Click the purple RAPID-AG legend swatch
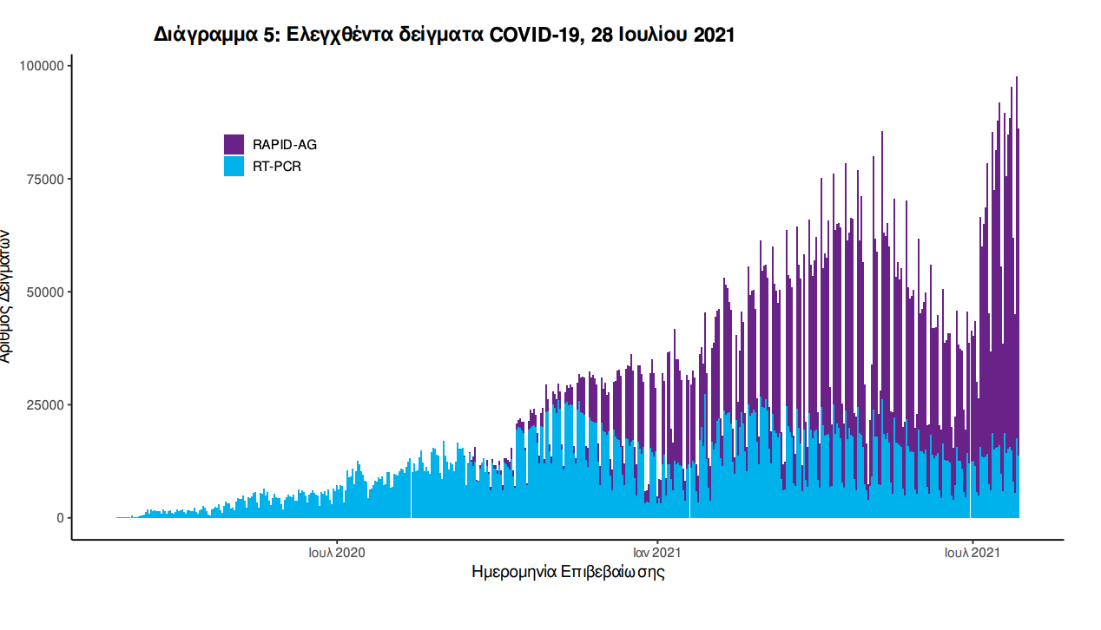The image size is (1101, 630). [x=234, y=144]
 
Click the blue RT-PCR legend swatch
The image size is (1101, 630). [x=234, y=166]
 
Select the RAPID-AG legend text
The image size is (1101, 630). [x=279, y=145]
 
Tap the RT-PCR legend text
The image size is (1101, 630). [x=277, y=167]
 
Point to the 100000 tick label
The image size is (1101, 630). [x=43, y=66]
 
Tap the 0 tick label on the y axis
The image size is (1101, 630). [x=60, y=518]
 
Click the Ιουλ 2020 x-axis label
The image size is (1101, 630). [x=337, y=552]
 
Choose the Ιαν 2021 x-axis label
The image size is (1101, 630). [x=656, y=552]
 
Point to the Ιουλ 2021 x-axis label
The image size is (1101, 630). [x=971, y=552]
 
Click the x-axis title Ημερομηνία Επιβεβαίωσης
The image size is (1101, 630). [x=568, y=573]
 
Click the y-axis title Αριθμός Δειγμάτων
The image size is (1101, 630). [x=7, y=296]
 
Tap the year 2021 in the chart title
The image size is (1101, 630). [x=715, y=35]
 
